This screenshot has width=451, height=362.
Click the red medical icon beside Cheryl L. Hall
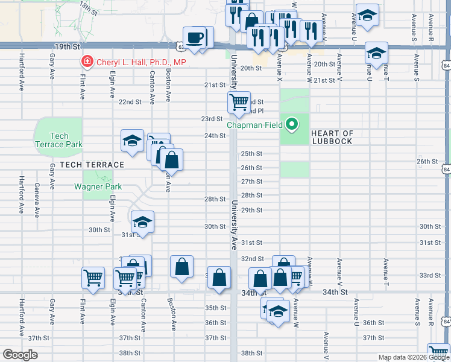click(x=87, y=62)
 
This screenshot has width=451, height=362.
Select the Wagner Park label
click(x=98, y=186)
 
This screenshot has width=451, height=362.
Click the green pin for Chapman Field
click(x=292, y=125)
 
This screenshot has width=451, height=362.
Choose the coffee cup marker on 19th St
click(x=195, y=38)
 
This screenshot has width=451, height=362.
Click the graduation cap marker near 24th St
click(x=132, y=141)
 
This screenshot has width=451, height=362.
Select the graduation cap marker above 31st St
click(x=142, y=222)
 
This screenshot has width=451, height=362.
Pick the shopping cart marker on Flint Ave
click(x=93, y=278)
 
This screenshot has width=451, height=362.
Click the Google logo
click(x=20, y=355)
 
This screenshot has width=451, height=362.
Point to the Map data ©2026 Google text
click(x=414, y=358)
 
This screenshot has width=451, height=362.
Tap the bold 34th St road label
click(x=336, y=292)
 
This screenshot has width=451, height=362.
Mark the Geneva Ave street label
click(x=37, y=200)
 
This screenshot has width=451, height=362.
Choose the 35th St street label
click(x=215, y=308)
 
